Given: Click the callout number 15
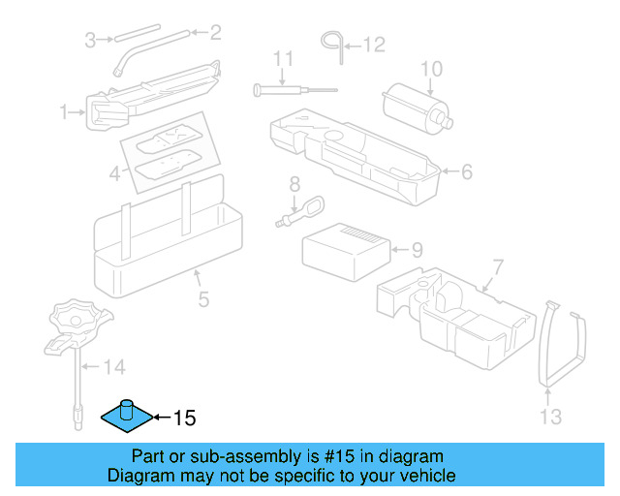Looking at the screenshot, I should click(x=184, y=418).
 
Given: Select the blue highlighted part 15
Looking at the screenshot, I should click(x=127, y=414).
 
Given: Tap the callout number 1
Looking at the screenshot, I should click(x=65, y=113).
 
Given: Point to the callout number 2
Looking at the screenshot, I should click(x=215, y=33).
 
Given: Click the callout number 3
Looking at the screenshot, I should click(x=90, y=40).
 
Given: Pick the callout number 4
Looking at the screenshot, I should click(x=114, y=175).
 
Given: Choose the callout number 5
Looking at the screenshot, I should click(x=203, y=299).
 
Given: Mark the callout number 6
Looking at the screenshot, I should click(x=466, y=172).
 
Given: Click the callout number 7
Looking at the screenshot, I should click(x=498, y=266).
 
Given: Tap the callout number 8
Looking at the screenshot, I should click(x=294, y=183).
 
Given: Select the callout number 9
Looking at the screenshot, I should click(x=417, y=250).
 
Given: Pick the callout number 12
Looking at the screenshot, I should click(x=373, y=44).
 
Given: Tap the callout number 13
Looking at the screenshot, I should click(x=550, y=418).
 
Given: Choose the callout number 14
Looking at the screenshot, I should click(x=114, y=367).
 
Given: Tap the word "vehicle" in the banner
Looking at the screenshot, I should click(x=423, y=476).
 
